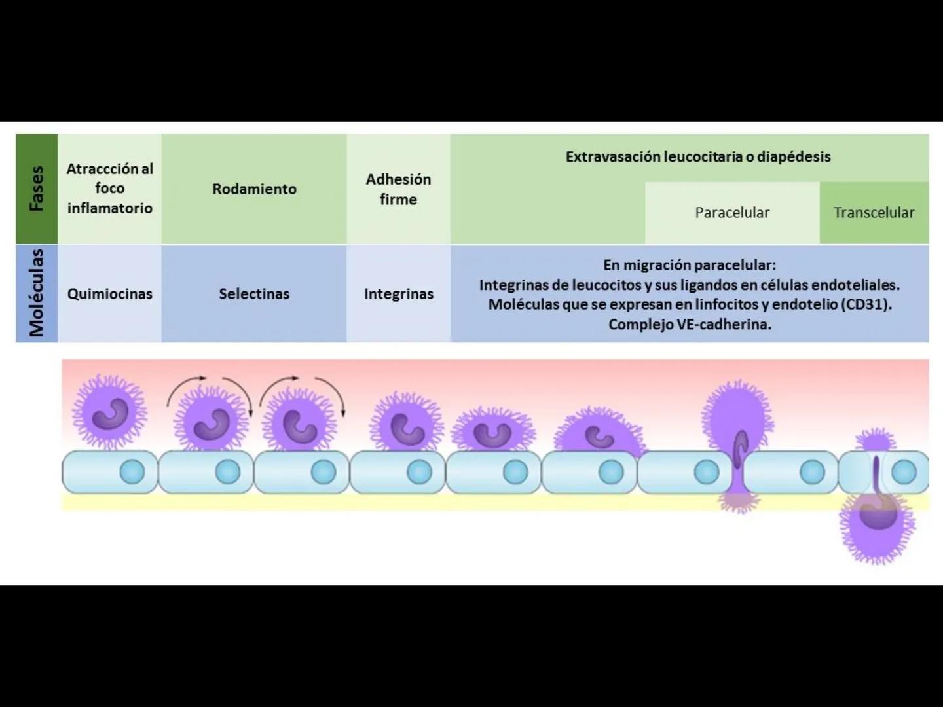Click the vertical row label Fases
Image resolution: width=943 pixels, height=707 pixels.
pyautogui.click(x=37, y=189)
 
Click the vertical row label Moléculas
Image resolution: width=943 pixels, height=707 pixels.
pyautogui.click(x=37, y=293)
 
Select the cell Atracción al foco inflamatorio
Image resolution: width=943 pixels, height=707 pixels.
pyautogui.click(x=109, y=189)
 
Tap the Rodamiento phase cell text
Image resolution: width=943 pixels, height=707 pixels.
pyautogui.click(x=254, y=189)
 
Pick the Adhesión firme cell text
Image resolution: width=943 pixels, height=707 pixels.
pyautogui.click(x=398, y=189)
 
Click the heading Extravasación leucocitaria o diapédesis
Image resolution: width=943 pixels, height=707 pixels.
pyautogui.click(x=697, y=157)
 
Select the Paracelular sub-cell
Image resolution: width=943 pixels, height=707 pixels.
pyautogui.click(x=731, y=213)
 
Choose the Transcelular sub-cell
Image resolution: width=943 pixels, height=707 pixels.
pyautogui.click(x=874, y=213)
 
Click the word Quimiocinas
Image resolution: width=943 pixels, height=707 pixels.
pyautogui.click(x=109, y=294)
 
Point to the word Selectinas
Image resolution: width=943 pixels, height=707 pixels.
pyautogui.click(x=254, y=294)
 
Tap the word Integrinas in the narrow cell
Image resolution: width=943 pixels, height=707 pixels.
pyautogui.click(x=398, y=294)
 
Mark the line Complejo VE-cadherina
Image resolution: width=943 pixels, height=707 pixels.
pyautogui.click(x=690, y=324)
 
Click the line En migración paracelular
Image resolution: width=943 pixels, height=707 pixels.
pyautogui.click(x=690, y=265)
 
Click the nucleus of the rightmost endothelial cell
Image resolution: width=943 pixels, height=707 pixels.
pyautogui.click(x=904, y=471)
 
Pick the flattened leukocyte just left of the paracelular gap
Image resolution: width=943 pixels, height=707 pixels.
pyautogui.click(x=597, y=433)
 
